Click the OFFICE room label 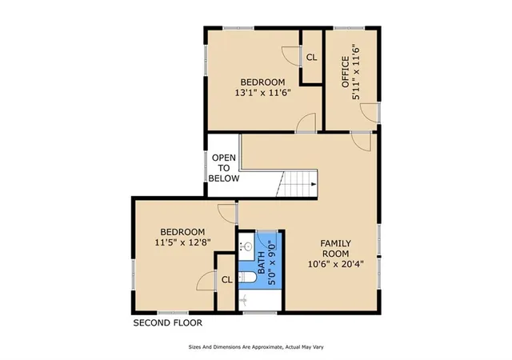pos(346,72)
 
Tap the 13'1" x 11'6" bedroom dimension pos(263,93)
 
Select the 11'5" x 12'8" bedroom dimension pos(183,242)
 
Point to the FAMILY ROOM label pos(336,248)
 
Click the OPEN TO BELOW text pos(224,168)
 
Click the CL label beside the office pos(311,57)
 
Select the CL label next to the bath pos(227,280)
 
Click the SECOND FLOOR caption pos(168,322)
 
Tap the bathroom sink pos(247,246)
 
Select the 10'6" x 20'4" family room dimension pos(336,264)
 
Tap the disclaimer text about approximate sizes pos(256,347)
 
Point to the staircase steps pos(297,184)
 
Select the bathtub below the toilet pos(260,300)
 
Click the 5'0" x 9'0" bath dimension pos(272,262)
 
